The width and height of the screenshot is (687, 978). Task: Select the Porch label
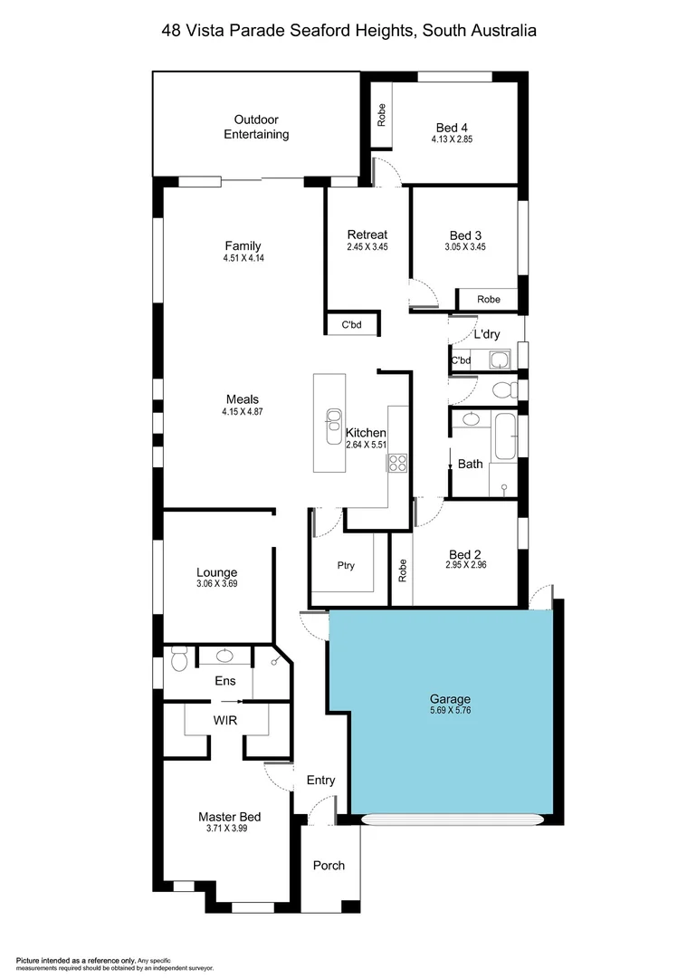[329, 866]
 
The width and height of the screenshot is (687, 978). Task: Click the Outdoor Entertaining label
[256, 127]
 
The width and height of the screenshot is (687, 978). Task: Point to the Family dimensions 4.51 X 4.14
[243, 258]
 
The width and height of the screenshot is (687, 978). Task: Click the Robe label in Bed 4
[382, 114]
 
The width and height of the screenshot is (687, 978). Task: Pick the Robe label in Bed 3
[489, 300]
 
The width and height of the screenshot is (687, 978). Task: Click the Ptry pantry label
[346, 566]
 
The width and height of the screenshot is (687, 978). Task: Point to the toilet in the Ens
[178, 661]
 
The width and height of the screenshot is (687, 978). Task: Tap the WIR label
[225, 722]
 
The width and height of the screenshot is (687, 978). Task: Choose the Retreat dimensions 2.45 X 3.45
[367, 247]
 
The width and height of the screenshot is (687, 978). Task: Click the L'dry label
[487, 334]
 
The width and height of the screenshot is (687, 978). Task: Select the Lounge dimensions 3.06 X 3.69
[216, 584]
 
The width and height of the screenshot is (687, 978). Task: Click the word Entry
[320, 781]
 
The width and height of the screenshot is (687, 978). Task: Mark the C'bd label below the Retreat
[351, 325]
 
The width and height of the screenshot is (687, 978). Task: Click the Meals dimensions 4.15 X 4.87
[242, 412]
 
